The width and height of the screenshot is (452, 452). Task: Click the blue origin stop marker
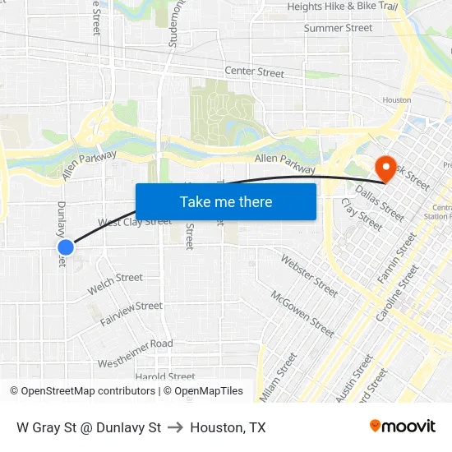pyautogui.click(x=67, y=247)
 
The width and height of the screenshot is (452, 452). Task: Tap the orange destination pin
pyautogui.click(x=385, y=168)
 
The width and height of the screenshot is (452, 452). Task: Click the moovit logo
pyautogui.click(x=403, y=427)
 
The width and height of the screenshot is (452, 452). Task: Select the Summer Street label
pyautogui.click(x=338, y=28)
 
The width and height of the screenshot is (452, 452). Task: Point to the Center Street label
pyautogui.click(x=254, y=72)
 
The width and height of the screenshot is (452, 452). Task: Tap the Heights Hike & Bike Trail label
pyautogui.click(x=343, y=7)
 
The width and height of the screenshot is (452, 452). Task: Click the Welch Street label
pyautogui.click(x=115, y=282)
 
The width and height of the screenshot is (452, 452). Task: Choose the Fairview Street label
pyautogui.click(x=131, y=312)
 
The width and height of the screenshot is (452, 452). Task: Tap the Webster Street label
pyautogui.click(x=309, y=275)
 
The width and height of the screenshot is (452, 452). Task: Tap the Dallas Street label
pyautogui.click(x=380, y=202)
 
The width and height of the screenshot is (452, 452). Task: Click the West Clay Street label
pyautogui.click(x=135, y=222)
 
